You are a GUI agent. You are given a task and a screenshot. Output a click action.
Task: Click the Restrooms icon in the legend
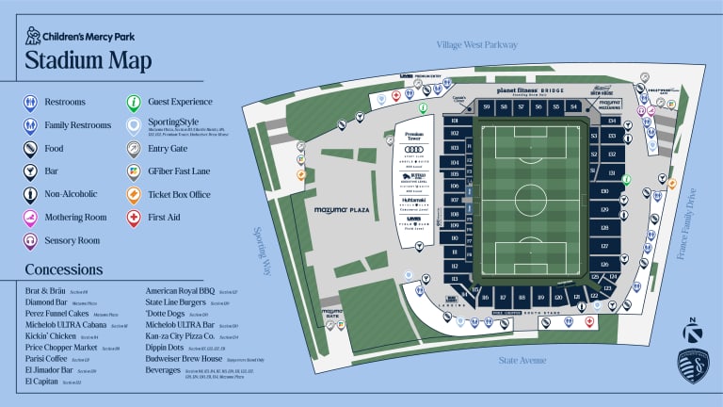pos(31,102)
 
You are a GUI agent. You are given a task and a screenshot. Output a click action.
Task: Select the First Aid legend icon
pos(136,219)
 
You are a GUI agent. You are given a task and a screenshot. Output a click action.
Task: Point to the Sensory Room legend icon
pos(31,241)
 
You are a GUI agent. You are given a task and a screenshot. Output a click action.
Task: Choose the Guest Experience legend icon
pos(136,102)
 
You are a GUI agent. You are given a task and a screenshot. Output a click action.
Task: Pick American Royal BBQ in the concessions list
pos(182,292)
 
